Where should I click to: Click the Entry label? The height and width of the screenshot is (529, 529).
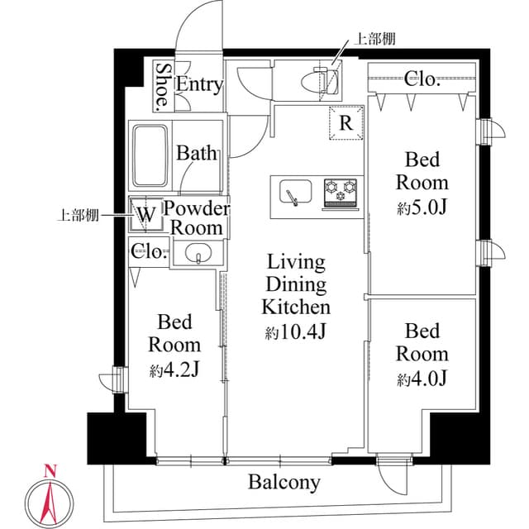pyautogui.click(x=199, y=83)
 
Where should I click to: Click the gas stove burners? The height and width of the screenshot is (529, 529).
pyautogui.click(x=340, y=192)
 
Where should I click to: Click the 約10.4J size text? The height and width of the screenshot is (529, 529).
pyautogui.click(x=296, y=333)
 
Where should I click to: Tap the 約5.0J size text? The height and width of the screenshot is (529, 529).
pyautogui.click(x=422, y=208)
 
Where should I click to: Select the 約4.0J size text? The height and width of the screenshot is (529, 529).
pyautogui.click(x=422, y=379)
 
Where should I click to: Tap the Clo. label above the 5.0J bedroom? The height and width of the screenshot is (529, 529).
pyautogui.click(x=422, y=80)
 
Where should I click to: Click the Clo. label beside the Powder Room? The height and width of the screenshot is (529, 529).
pyautogui.click(x=149, y=251)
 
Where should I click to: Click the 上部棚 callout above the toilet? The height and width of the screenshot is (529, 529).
pyautogui.click(x=372, y=37)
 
